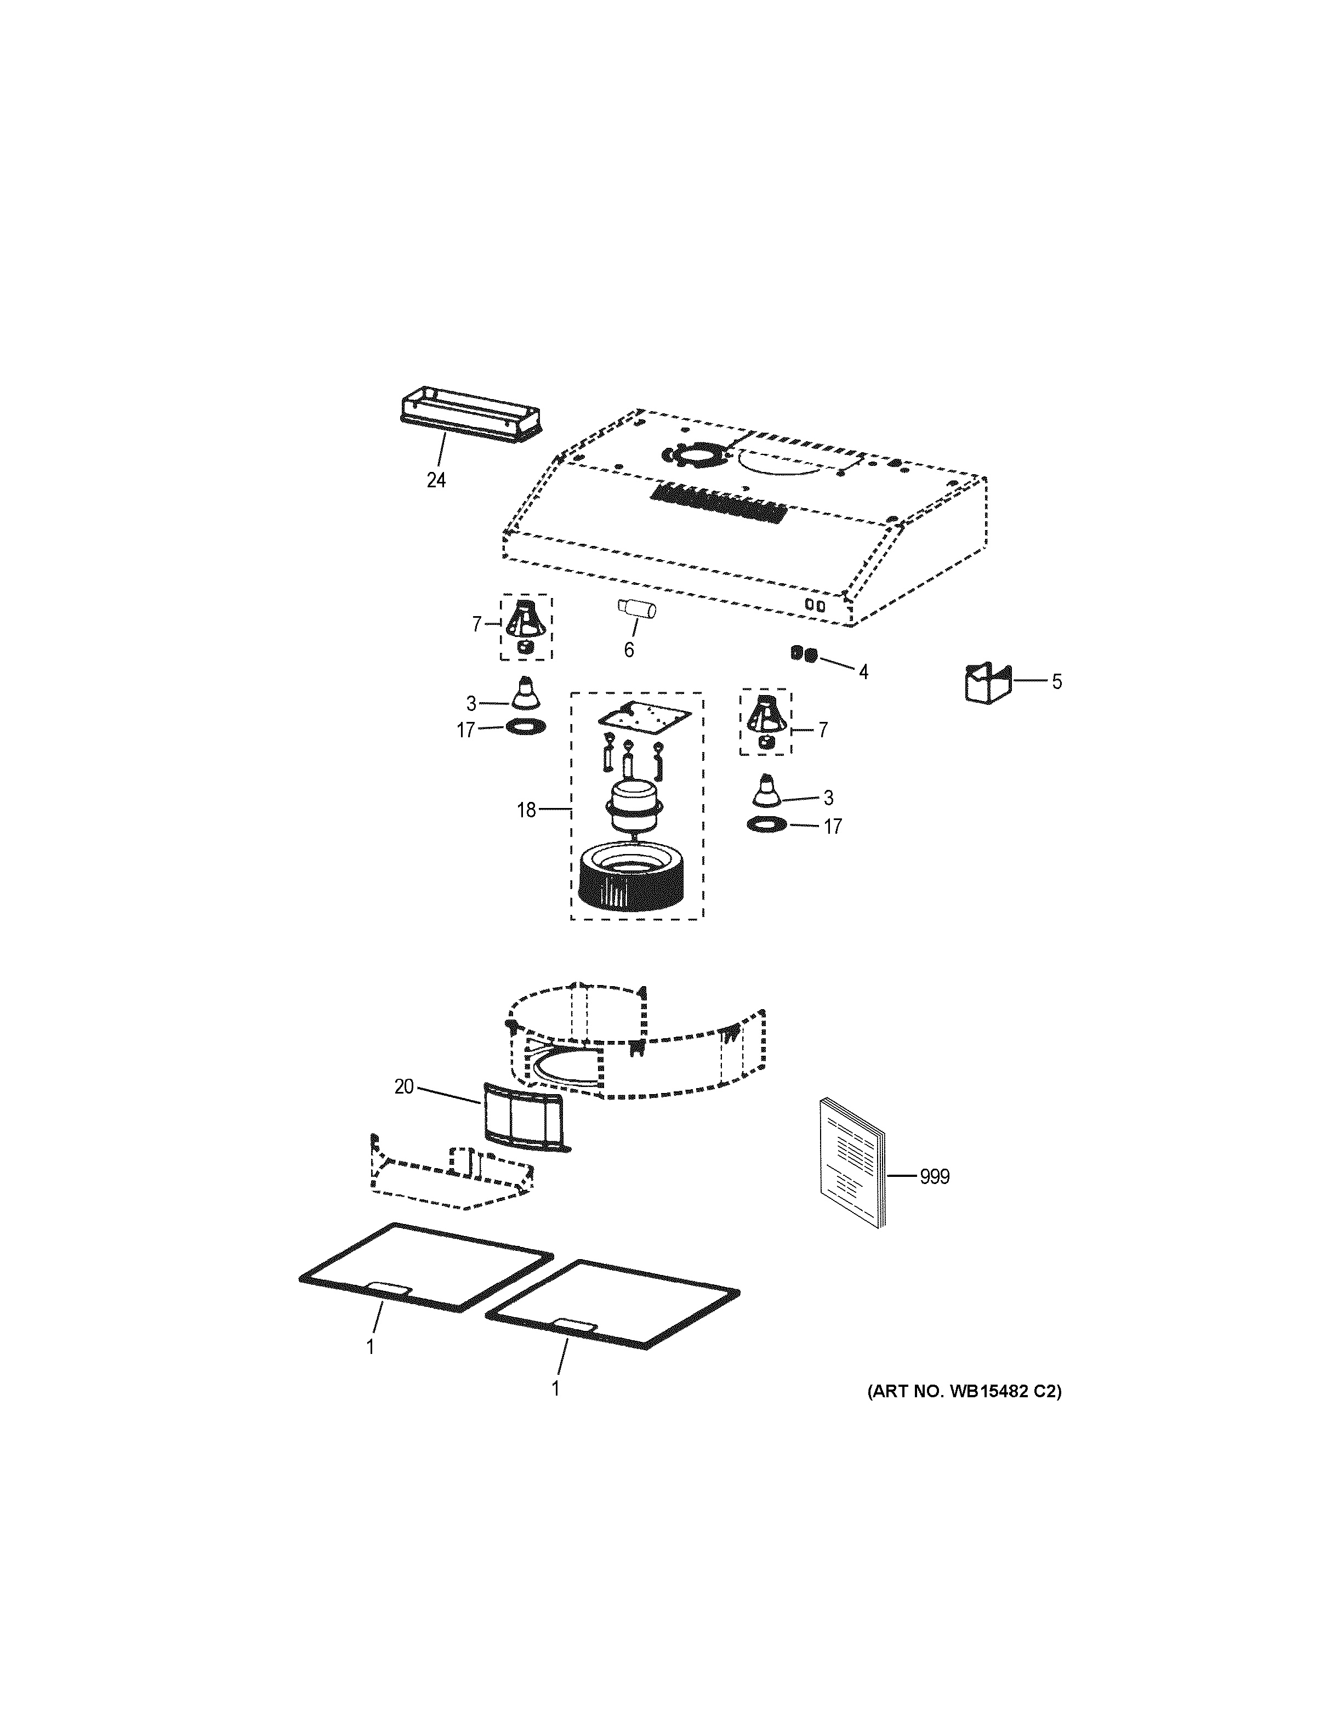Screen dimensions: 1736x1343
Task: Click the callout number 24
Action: click(435, 480)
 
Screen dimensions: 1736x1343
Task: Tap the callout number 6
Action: click(629, 650)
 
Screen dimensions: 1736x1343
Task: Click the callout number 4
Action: click(863, 673)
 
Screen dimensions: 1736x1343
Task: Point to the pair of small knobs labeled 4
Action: click(804, 654)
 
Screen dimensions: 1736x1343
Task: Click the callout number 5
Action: click(1056, 681)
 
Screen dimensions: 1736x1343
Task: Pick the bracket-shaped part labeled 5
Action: click(986, 684)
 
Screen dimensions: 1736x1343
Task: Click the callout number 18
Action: click(526, 811)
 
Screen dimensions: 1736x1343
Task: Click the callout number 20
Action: click(403, 1086)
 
